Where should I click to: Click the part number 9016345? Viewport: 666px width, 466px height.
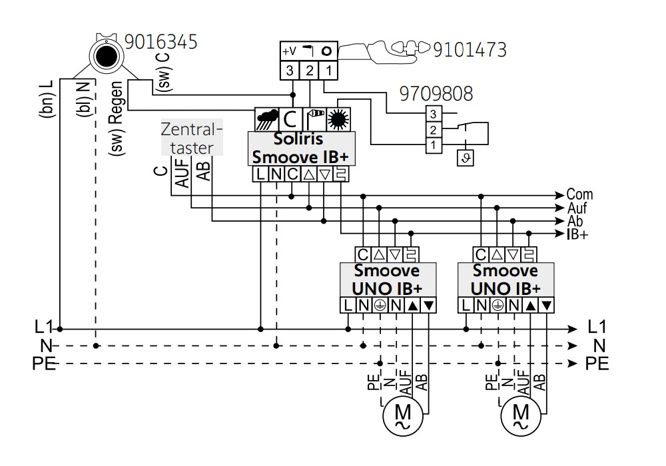point(161,42)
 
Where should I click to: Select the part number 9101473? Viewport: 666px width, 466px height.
point(470,50)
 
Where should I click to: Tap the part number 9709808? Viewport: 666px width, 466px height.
point(436,94)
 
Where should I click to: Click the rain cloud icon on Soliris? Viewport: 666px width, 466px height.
point(267,120)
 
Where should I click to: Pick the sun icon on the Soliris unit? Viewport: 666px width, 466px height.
point(338,119)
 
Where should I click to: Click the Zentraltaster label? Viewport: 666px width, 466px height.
point(192,138)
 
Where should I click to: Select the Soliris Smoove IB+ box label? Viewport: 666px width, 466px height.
point(301,148)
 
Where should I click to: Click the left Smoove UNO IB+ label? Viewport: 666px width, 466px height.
point(388,280)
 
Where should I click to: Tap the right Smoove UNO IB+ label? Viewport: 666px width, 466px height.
point(505,280)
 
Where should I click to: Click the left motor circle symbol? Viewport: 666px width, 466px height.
point(403,416)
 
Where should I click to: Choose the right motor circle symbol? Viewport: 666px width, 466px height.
point(521,416)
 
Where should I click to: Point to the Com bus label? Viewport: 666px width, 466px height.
point(579,194)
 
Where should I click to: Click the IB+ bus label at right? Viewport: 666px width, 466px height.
point(577,234)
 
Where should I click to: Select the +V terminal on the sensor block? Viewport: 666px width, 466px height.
point(289,51)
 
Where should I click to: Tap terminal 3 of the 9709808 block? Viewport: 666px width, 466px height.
point(434,114)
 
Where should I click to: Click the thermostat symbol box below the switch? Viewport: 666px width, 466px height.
point(465,158)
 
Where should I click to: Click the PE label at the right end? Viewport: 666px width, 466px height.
point(597,364)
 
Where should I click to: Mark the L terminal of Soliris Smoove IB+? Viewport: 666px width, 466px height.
point(260,174)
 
